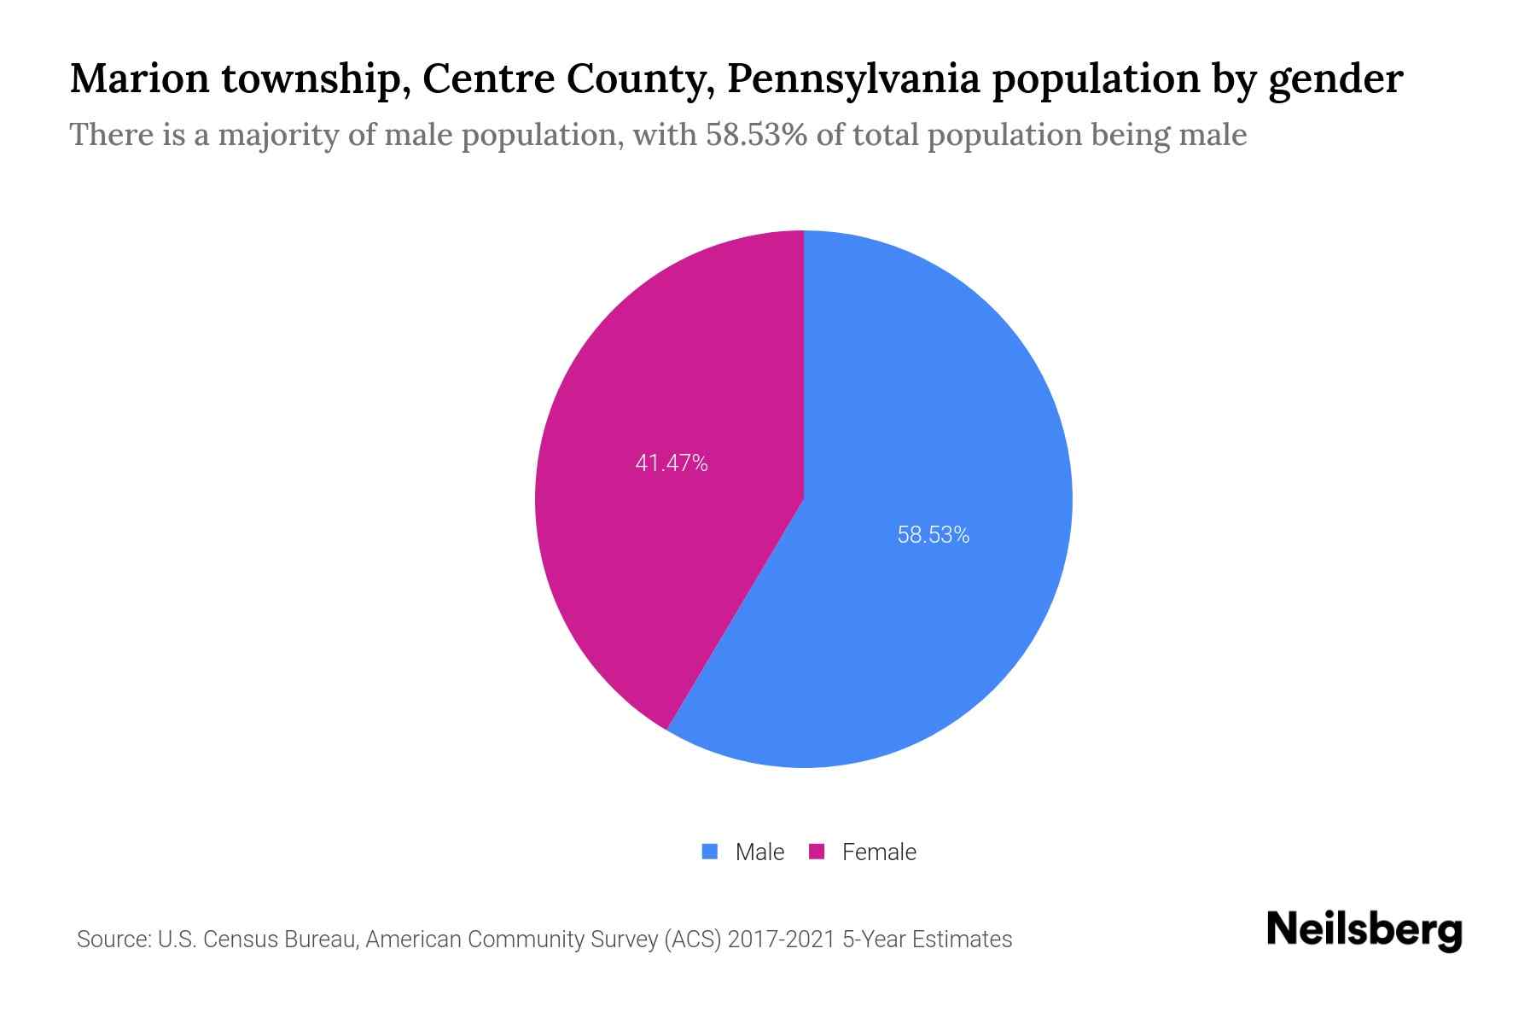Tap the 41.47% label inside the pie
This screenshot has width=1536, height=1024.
[x=672, y=463]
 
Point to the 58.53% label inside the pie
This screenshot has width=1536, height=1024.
[x=933, y=535]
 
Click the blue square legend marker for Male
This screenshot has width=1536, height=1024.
[x=710, y=852]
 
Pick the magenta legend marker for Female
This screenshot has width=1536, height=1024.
[x=817, y=852]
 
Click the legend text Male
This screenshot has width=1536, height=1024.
[x=759, y=852]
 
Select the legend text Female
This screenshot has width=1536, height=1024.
[x=879, y=852]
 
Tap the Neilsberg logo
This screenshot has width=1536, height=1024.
[x=1364, y=930]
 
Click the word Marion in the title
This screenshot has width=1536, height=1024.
[x=139, y=79]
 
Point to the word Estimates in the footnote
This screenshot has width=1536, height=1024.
[x=962, y=940]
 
